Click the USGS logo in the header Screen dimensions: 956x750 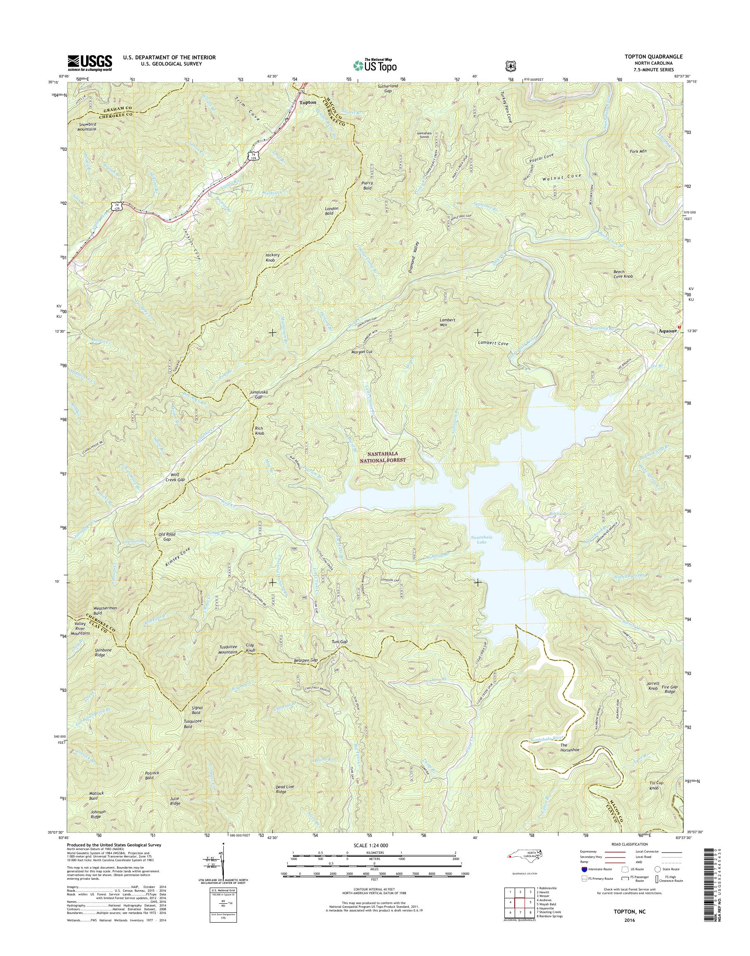(89, 63)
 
